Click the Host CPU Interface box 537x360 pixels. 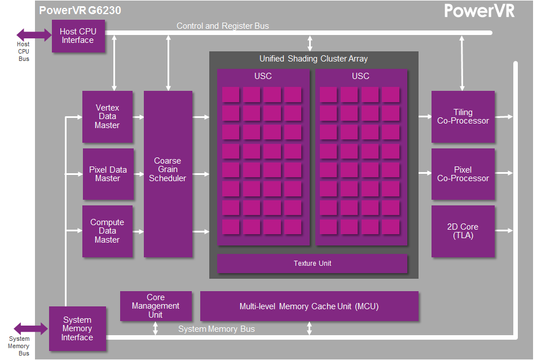pos(78,36)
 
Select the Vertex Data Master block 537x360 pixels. pos(108,116)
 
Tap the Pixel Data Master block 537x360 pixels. pos(108,174)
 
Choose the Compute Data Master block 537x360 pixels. pos(108,231)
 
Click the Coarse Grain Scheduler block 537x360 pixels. pos(168,174)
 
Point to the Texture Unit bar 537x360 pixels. pos(312,264)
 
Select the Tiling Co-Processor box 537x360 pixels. pos(463,116)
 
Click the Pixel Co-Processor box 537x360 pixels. pos(463,174)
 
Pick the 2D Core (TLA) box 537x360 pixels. pos(463,231)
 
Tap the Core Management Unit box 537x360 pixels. pos(156,306)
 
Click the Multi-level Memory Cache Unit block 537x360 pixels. pos(309,306)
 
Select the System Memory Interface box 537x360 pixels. pos(77,328)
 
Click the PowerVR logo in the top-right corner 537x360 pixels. pos(479,11)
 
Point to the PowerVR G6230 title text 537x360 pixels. pos(80,10)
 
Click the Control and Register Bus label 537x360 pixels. pos(223,26)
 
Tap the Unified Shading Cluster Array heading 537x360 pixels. pos(314,59)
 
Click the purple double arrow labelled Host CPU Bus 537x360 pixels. pos(34,34)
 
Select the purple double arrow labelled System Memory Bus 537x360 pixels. pos(31,329)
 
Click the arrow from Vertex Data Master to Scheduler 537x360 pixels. pos(138,117)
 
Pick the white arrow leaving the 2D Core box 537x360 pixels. pos(504,231)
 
